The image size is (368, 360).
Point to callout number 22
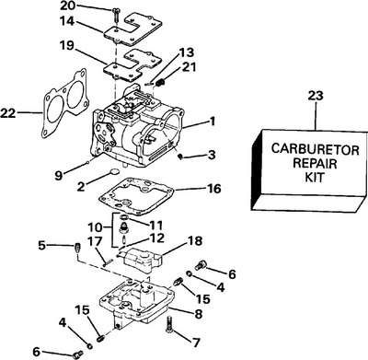coord(9,112)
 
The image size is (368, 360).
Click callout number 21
coord(190,67)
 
